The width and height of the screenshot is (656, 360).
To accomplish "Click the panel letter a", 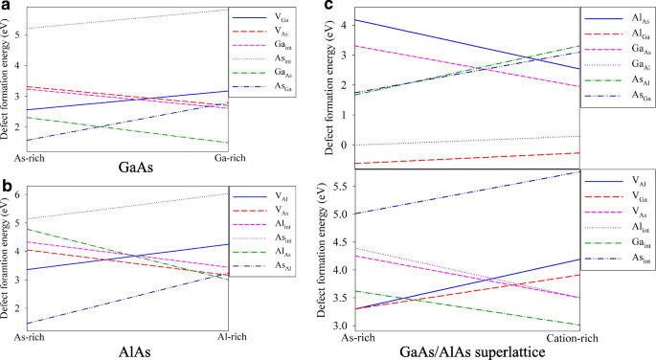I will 5,6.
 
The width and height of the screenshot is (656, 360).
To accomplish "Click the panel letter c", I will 329,6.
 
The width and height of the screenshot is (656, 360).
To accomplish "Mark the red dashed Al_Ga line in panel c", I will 460,158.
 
